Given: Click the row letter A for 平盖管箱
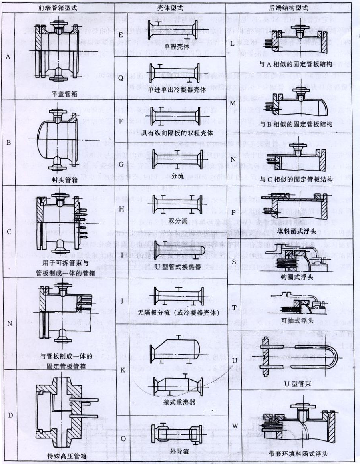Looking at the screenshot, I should coord(8,56).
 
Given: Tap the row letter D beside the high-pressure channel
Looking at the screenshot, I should coord(10,415).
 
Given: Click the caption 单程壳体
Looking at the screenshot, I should coord(176,46).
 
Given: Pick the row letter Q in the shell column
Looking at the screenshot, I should coord(121,78).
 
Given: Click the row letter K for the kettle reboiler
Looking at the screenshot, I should coord(123,370).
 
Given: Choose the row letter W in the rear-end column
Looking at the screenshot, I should coord(235,426).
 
